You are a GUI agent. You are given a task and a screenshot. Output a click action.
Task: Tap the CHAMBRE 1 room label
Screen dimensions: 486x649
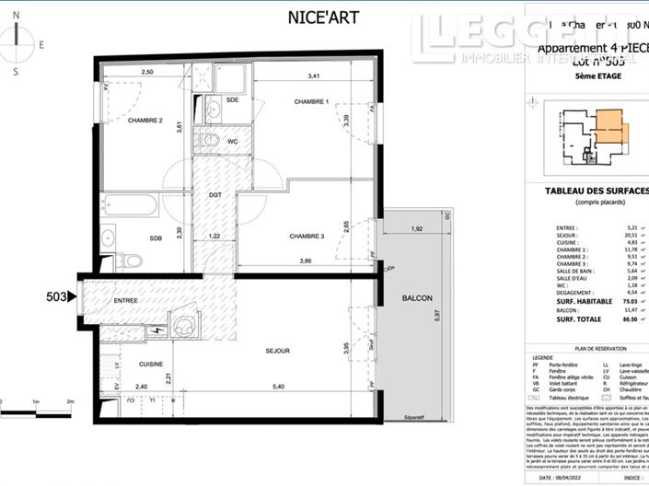click(x=311, y=100)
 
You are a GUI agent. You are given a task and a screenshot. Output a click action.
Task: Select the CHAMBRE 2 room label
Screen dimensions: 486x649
click(x=145, y=121)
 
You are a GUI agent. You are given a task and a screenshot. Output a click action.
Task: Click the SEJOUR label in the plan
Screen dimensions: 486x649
click(x=277, y=351)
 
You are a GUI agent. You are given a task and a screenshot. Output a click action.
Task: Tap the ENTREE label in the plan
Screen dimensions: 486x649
click(x=126, y=301)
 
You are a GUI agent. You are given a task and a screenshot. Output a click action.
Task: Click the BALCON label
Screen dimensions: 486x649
click(x=417, y=298)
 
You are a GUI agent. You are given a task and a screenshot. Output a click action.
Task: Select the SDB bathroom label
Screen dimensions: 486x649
click(x=156, y=238)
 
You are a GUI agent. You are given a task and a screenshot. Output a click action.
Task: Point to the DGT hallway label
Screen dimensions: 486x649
click(x=214, y=195)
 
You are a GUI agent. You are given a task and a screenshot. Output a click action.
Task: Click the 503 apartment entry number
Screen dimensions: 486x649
click(x=57, y=296)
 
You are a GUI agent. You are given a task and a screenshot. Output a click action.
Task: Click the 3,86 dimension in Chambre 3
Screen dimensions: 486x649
click(x=304, y=262)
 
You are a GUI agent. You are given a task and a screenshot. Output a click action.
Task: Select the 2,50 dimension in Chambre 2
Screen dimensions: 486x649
click(x=147, y=72)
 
